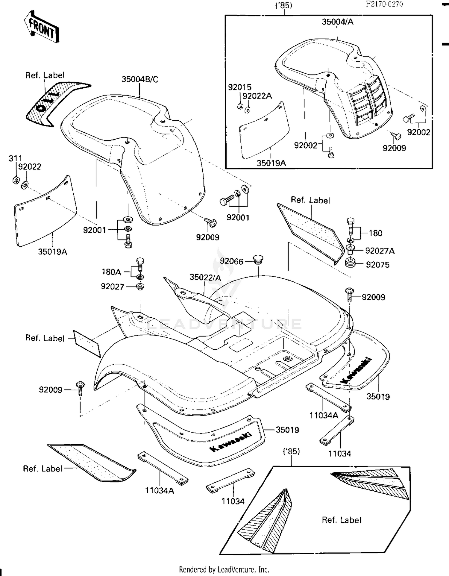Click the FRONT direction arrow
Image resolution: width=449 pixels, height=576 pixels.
click(41, 26)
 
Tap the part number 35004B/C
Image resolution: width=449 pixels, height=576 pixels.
click(140, 79)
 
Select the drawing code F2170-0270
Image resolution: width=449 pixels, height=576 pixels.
click(384, 4)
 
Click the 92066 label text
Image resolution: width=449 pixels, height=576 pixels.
click(231, 261)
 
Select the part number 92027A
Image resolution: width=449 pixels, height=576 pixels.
click(380, 251)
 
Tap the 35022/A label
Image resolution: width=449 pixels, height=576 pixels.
click(205, 278)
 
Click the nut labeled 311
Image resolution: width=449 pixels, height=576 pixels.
click(16, 180)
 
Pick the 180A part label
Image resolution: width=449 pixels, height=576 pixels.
click(111, 272)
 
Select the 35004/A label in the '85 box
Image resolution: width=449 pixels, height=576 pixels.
click(337, 22)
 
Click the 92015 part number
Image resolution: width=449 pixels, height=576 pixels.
click(239, 87)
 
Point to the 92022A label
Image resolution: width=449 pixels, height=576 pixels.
click(257, 96)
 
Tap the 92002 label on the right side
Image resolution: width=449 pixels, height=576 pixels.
click(418, 132)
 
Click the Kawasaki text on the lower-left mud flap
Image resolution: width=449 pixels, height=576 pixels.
click(230, 442)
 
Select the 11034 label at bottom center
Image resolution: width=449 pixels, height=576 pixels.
click(233, 501)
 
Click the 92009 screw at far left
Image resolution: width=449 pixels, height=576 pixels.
click(80, 388)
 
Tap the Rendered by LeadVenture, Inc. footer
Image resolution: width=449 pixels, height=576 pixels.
click(224, 569)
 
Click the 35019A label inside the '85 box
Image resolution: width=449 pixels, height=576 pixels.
click(271, 163)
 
